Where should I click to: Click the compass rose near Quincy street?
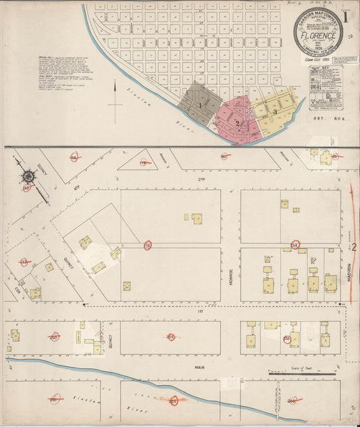coord(28,177)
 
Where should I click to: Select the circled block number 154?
coord(294,244)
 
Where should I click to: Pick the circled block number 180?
coord(224,157)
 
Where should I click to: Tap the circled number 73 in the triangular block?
coord(143,162)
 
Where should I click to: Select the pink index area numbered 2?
coord(238,123)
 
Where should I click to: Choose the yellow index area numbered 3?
coord(275,111)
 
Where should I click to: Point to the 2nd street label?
coord(201,180)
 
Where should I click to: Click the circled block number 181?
coord(53,400)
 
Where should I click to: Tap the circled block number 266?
coord(292,400)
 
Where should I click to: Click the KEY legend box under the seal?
coord(325,89)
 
